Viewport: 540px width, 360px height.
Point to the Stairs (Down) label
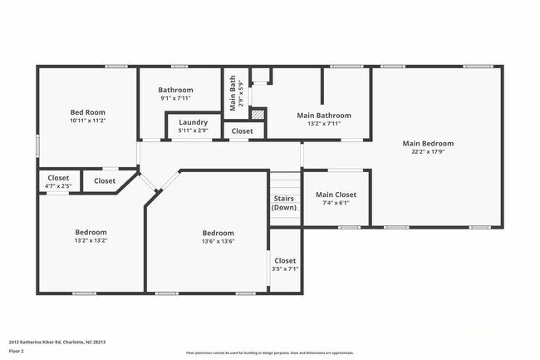click(285, 203)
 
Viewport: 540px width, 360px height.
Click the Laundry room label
click(194, 121)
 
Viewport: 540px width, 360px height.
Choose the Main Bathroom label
click(324, 116)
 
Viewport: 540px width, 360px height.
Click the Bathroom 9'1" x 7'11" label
click(176, 90)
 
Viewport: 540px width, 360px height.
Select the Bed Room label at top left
click(87, 111)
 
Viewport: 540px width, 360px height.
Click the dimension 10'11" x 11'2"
click(87, 121)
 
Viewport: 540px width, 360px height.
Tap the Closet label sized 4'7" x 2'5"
click(58, 178)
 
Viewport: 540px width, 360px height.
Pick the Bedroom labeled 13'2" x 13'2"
click(91, 232)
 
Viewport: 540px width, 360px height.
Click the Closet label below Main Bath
click(243, 131)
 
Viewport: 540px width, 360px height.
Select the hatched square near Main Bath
click(258, 114)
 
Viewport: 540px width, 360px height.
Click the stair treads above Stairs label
click(285, 182)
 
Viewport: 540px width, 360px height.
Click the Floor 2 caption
click(17, 351)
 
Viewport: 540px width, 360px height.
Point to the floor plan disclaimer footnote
click(269, 353)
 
